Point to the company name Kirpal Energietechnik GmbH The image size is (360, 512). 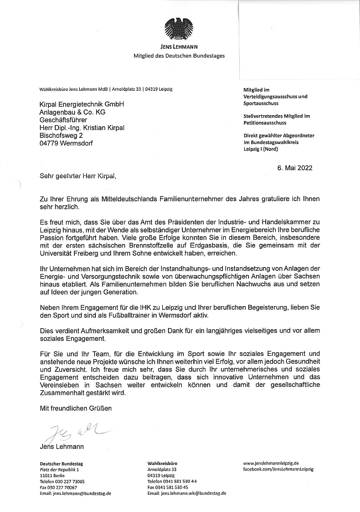81,105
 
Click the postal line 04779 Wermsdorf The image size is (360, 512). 66,143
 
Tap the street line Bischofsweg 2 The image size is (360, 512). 61,135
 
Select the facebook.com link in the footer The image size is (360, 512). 278,469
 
